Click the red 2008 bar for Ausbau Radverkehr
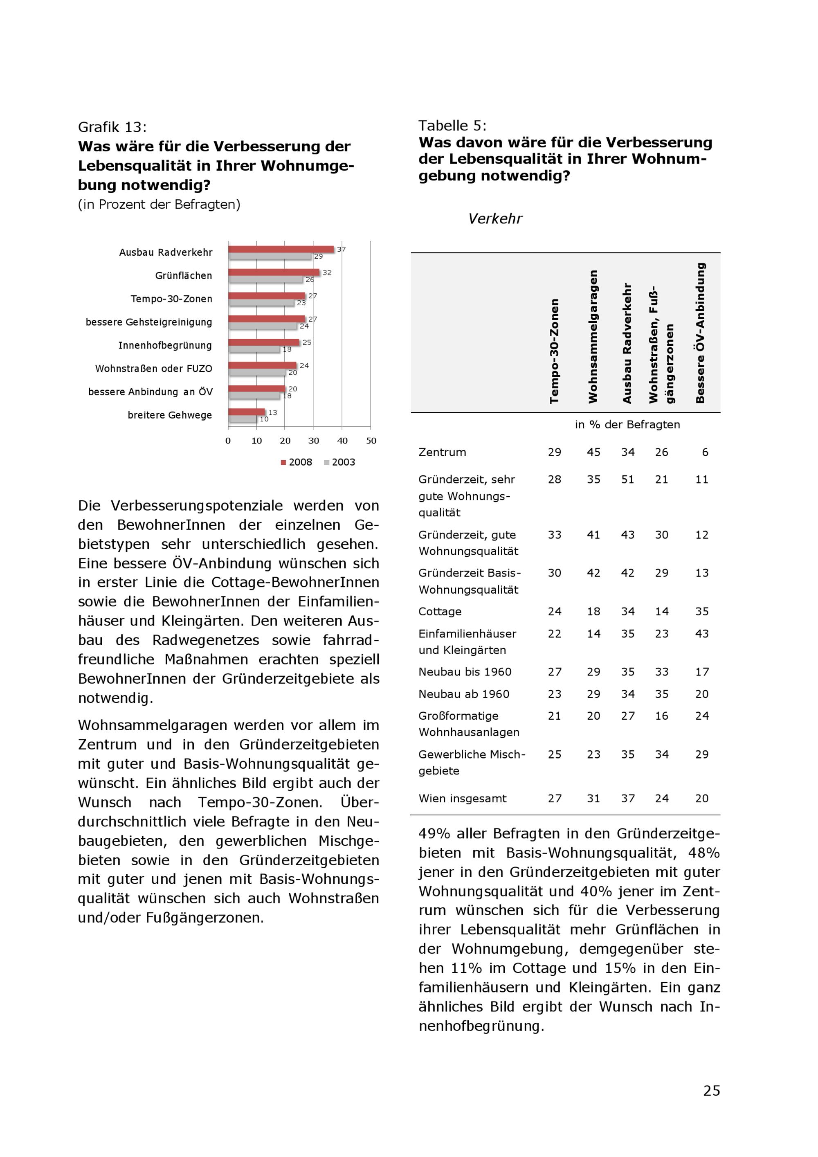tap(281, 249)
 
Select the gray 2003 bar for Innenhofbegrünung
tap(254, 349)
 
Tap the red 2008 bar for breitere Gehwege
tap(246, 412)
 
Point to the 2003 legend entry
tap(339, 462)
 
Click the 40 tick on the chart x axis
tap(342, 441)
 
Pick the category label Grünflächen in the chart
tap(183, 276)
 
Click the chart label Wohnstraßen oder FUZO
tap(154, 368)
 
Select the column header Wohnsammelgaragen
tap(593, 337)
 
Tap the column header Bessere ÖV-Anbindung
tap(700, 333)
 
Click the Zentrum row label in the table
tap(442, 452)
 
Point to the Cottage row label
tap(440, 611)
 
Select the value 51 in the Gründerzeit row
tap(627, 479)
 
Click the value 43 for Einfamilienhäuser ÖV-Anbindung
tap(702, 633)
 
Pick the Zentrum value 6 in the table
tap(705, 452)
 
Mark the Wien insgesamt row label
tap(463, 798)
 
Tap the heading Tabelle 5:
tap(452, 126)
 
